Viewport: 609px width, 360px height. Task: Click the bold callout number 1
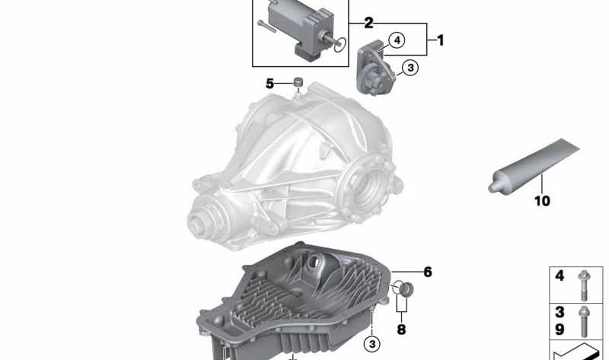(440, 40)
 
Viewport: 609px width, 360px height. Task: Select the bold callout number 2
(368, 23)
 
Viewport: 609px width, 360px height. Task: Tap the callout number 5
(270, 84)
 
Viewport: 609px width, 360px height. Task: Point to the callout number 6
(428, 272)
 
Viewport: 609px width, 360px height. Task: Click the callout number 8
(401, 330)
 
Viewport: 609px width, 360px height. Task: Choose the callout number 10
(542, 201)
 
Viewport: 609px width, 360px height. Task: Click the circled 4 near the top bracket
(397, 40)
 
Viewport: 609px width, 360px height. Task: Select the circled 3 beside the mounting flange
(410, 68)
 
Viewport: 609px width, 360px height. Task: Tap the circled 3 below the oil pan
(372, 344)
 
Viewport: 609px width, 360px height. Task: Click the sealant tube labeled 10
(534, 166)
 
